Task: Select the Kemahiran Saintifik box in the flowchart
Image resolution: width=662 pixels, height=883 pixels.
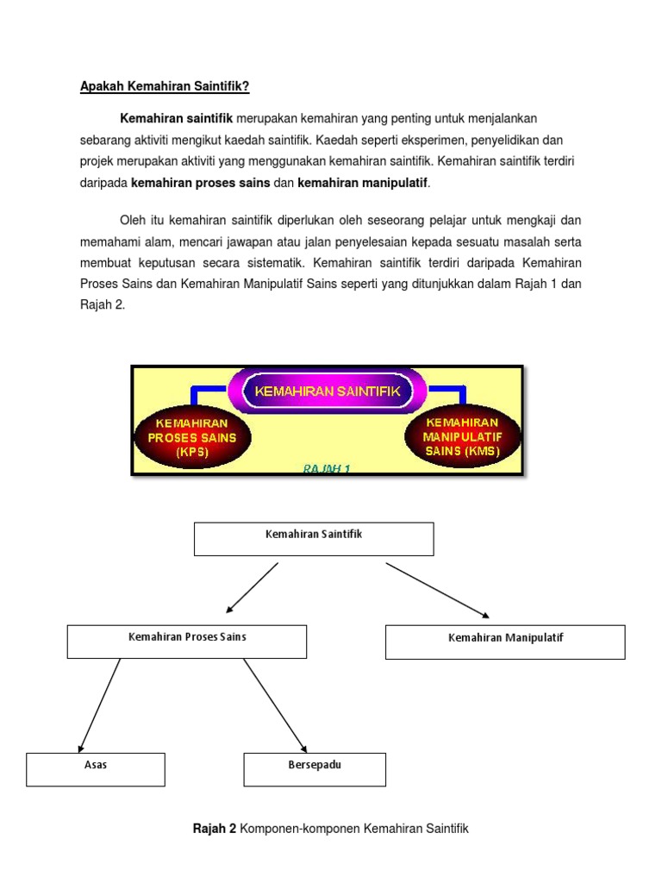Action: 314,539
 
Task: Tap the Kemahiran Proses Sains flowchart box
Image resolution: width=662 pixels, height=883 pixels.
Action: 187,642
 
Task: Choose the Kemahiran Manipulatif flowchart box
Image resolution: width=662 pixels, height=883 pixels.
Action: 505,642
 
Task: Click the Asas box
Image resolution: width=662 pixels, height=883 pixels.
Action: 96,769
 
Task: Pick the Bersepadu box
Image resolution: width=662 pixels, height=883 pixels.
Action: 315,769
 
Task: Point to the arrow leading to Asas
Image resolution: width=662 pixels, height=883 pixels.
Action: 99,705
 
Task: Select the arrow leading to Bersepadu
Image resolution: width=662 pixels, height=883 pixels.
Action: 275,705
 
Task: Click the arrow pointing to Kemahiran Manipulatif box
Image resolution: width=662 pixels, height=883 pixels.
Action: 438,591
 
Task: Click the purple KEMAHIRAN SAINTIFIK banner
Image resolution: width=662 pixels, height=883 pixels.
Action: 328,391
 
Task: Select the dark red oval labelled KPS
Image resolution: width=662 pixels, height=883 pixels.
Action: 192,437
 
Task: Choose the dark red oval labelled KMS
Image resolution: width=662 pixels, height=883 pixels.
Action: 462,435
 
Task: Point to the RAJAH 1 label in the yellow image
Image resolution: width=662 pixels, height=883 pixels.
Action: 326,469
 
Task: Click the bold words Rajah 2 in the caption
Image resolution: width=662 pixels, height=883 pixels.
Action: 214,829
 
